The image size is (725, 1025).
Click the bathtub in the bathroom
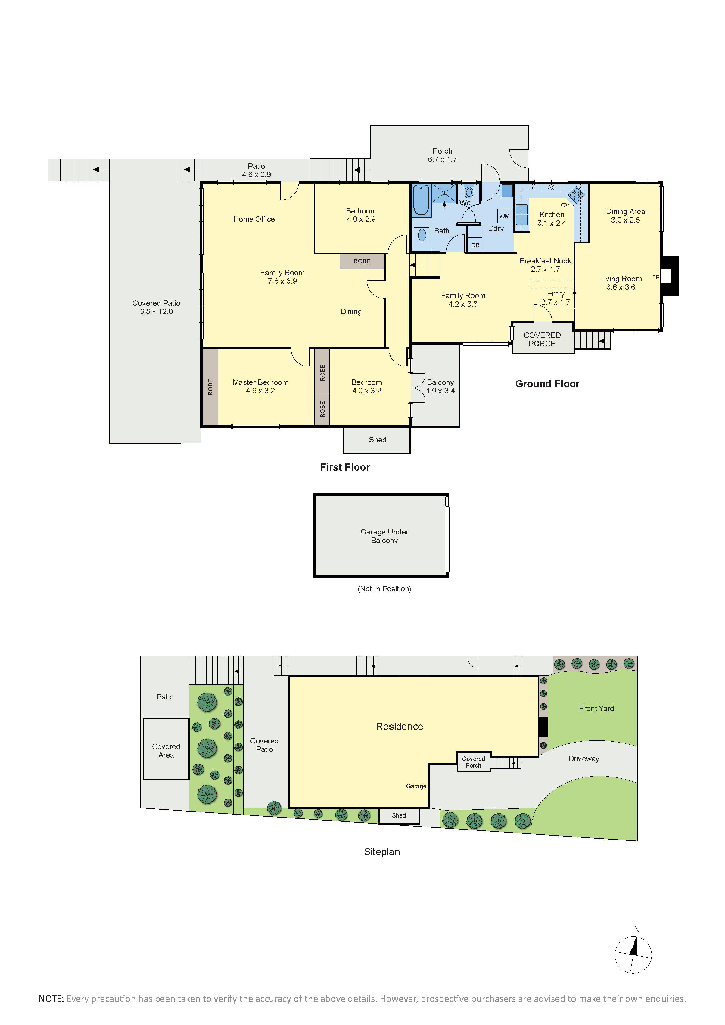tap(422, 201)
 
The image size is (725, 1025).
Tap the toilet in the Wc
tap(469, 192)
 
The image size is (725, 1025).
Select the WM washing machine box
tap(505, 216)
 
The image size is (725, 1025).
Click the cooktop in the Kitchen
tap(577, 194)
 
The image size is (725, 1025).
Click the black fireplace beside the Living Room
tap(670, 276)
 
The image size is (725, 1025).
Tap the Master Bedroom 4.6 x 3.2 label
tap(260, 386)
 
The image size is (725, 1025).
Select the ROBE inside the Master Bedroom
tap(210, 387)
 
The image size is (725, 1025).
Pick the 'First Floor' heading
tap(345, 467)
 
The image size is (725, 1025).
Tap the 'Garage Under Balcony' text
tap(384, 536)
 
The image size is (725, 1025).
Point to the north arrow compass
tap(633, 954)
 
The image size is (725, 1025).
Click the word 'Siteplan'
tap(382, 852)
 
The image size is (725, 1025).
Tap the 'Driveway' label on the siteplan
tap(583, 759)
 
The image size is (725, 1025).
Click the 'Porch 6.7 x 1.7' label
tap(442, 155)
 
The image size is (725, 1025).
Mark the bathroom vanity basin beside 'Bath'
tap(422, 235)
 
